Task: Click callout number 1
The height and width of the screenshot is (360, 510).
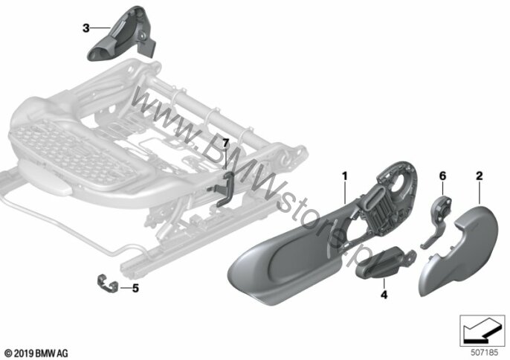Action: coord(344,176)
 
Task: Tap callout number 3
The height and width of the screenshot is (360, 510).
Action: coord(86,28)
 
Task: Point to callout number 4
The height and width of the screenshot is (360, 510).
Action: coord(384,295)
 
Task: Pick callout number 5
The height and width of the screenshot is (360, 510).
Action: coord(135,286)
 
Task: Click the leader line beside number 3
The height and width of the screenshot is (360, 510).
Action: coord(97,28)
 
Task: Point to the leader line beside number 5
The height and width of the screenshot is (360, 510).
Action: coord(123,286)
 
